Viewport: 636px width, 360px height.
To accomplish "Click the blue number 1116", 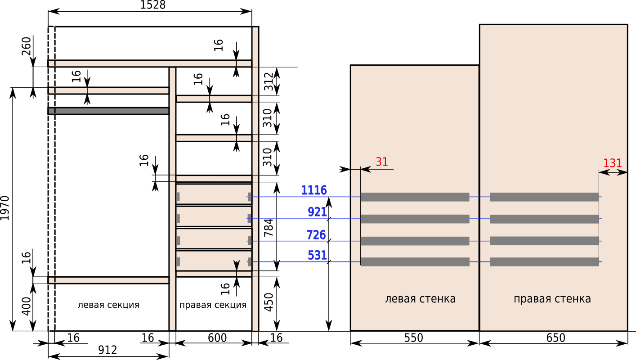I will pyautogui.click(x=314, y=190).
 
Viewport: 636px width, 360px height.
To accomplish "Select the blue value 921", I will pyautogui.click(x=317, y=212).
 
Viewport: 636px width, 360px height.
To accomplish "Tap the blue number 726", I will pyautogui.click(x=316, y=235).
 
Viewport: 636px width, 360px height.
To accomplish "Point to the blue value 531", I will pyautogui.click(x=317, y=256).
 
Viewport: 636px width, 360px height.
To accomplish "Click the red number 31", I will pyautogui.click(x=381, y=162).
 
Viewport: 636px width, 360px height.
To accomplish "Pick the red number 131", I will pyautogui.click(x=612, y=163).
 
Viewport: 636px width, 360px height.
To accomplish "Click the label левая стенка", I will pyautogui.click(x=420, y=299).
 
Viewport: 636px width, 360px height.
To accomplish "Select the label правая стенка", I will pyautogui.click(x=552, y=299).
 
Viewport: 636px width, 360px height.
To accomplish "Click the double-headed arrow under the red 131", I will pyautogui.click(x=613, y=172).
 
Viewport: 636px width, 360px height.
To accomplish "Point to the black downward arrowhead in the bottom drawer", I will pyautogui.click(x=237, y=265).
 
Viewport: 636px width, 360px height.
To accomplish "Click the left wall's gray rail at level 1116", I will pyautogui.click(x=415, y=197).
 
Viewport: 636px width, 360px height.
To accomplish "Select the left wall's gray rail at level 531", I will pyautogui.click(x=415, y=262).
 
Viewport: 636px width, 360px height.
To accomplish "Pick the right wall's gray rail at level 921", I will pyautogui.click(x=544, y=219).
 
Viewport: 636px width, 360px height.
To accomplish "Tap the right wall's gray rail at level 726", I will pyautogui.click(x=544, y=241).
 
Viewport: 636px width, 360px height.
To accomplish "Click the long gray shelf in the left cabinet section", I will pyautogui.click(x=108, y=111).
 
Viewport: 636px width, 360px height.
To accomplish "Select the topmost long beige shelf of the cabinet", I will pyautogui.click(x=150, y=63).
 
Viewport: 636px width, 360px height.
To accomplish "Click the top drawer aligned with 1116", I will pyautogui.click(x=213, y=194).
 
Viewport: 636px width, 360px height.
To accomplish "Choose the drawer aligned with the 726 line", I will pyautogui.click(x=213, y=238).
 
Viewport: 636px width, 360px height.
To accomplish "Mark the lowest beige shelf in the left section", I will pyautogui.click(x=108, y=280).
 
